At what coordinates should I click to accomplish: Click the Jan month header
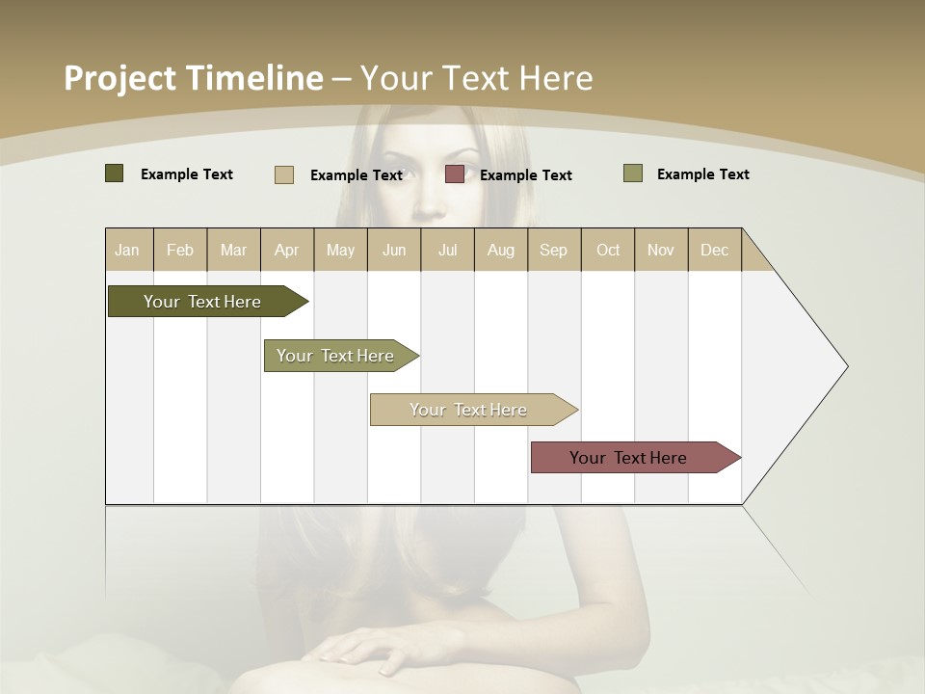pos(127,250)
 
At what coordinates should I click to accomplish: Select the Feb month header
pos(180,250)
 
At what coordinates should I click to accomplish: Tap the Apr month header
pos(286,250)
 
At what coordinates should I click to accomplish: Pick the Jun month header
pos(394,250)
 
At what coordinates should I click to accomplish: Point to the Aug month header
pos(500,250)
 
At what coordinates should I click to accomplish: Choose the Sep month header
pos(553,250)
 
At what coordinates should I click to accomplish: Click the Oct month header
pos(608,250)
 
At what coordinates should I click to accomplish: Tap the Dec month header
pos(714,250)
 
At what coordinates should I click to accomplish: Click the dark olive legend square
pos(115,173)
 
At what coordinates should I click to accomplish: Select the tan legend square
pos(284,174)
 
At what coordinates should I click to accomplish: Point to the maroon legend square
pos(455,174)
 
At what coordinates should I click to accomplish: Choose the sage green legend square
pos(633,173)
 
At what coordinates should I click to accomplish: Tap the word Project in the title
pos(120,78)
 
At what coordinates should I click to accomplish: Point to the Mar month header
pos(233,250)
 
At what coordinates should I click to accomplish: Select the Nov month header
pos(660,250)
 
